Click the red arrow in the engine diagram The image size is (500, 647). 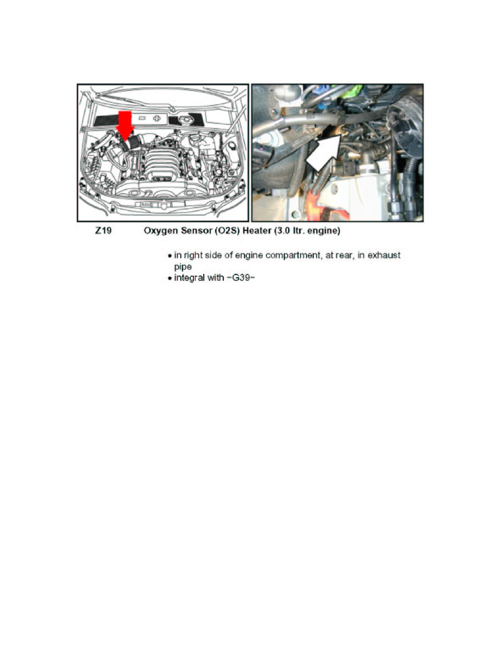point(125,124)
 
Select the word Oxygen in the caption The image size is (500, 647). point(158,231)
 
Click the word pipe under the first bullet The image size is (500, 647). point(176,267)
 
